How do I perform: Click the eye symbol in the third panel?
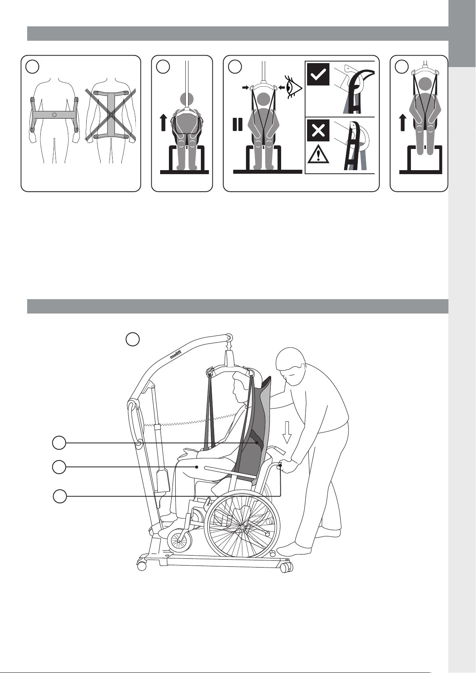[x=293, y=87]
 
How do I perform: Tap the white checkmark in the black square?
[x=318, y=75]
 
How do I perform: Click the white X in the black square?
[x=318, y=130]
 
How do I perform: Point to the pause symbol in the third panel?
[x=238, y=124]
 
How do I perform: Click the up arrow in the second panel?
[x=163, y=123]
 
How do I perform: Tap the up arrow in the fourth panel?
[x=403, y=123]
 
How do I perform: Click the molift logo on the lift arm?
[x=175, y=354]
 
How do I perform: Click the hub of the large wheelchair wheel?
[x=242, y=527]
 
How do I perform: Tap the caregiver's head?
[x=290, y=367]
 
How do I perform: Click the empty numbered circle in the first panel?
[x=32, y=66]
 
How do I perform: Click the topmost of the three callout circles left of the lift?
[x=59, y=443]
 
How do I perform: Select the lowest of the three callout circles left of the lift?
[x=60, y=496]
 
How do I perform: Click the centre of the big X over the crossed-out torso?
[x=111, y=115]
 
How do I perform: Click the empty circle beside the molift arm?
[x=133, y=339]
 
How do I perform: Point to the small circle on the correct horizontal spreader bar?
[x=54, y=115]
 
